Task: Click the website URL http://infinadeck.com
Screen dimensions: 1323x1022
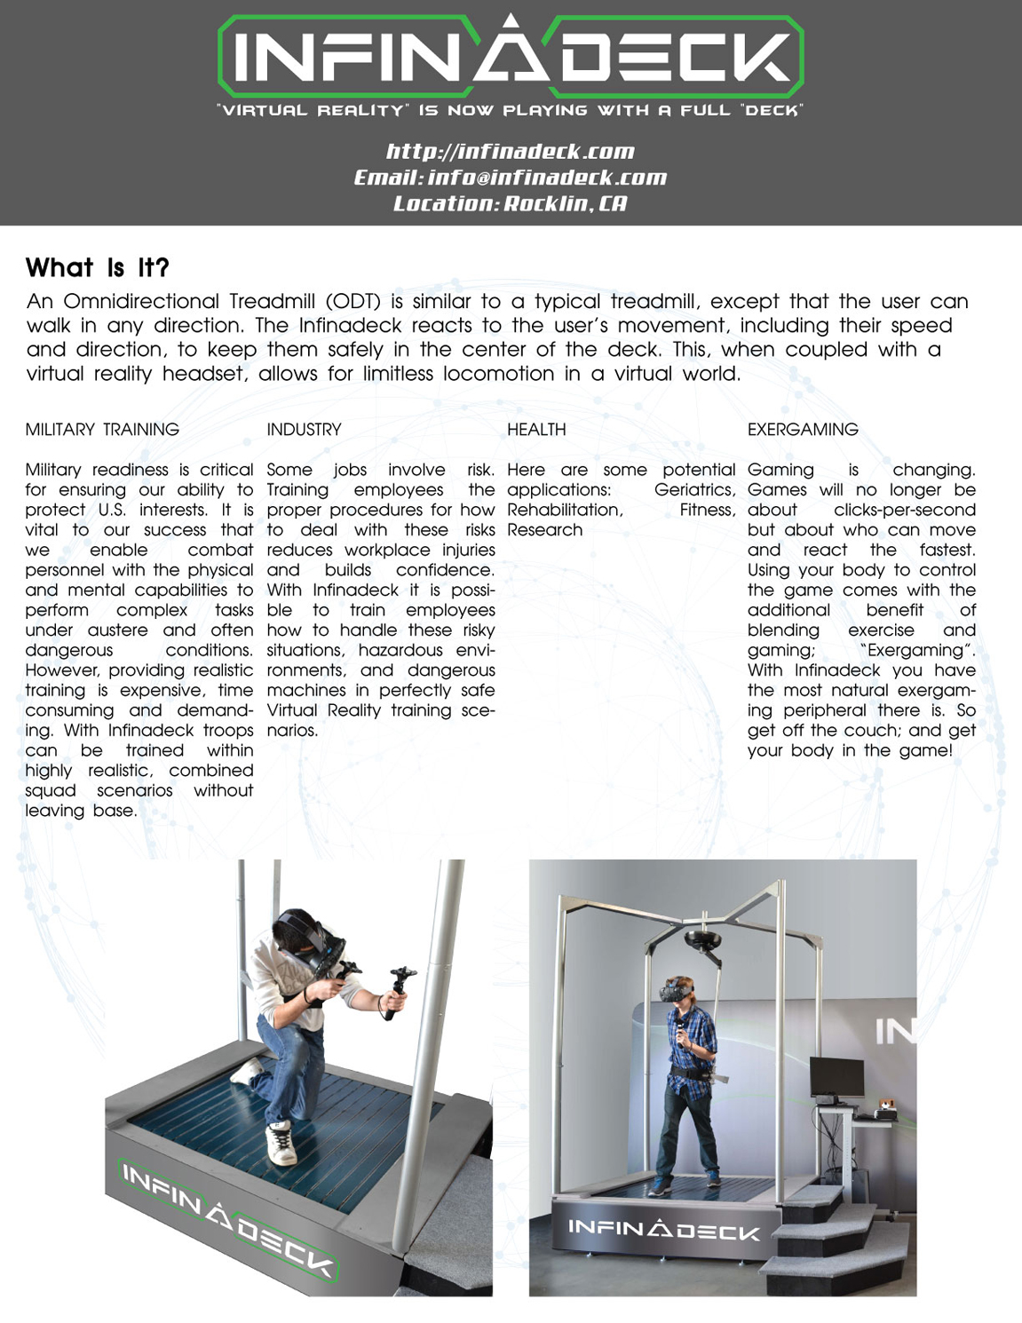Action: pyautogui.click(x=511, y=152)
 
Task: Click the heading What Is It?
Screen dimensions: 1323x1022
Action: pyautogui.click(x=97, y=268)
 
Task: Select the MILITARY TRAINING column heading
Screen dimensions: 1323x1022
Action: pyautogui.click(x=102, y=430)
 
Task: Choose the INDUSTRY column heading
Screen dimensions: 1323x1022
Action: pyautogui.click(x=304, y=430)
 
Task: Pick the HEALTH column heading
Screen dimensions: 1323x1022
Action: pyautogui.click(x=536, y=430)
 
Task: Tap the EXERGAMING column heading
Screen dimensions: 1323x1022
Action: pyautogui.click(x=803, y=430)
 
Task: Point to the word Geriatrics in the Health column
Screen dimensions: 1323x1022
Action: pyautogui.click(x=693, y=490)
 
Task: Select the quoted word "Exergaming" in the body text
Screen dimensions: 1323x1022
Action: pyautogui.click(x=916, y=651)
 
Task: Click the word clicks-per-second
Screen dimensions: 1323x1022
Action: pyautogui.click(x=904, y=511)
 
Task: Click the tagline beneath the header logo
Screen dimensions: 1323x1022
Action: pyautogui.click(x=511, y=111)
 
